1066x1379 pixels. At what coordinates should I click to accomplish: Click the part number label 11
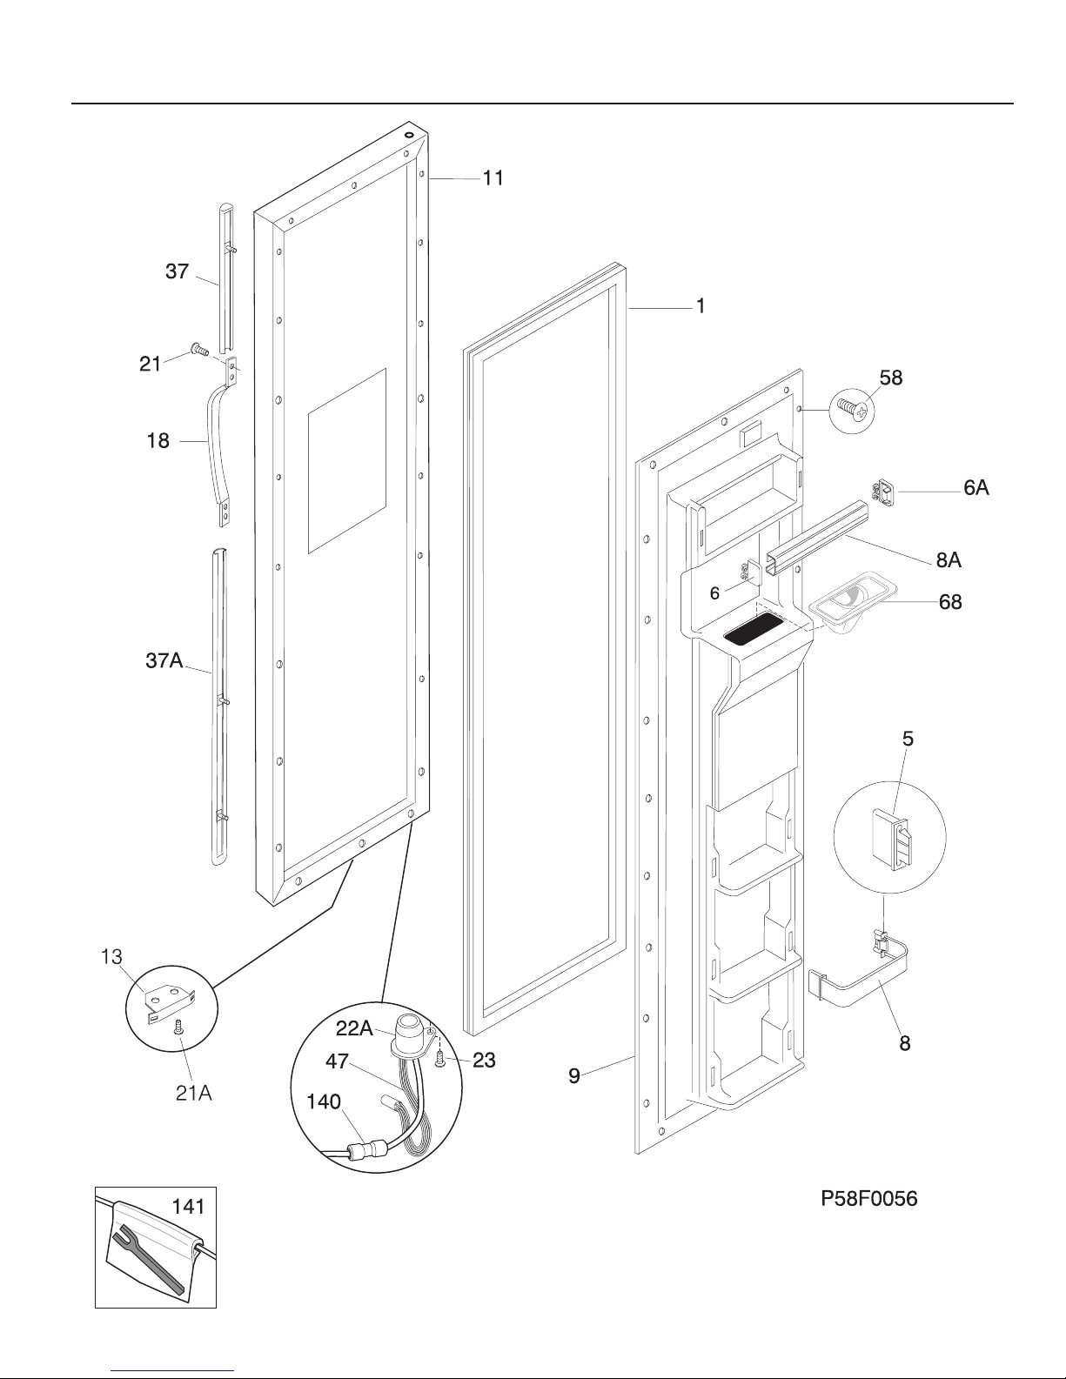[x=493, y=178]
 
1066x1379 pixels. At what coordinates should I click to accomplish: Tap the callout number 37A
[x=164, y=660]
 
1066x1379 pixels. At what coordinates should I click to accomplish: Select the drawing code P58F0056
[x=868, y=1199]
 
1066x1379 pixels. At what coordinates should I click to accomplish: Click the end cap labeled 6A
[x=882, y=492]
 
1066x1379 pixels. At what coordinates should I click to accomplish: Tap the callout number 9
[x=573, y=1075]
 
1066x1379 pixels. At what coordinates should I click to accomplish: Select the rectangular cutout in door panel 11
[x=347, y=461]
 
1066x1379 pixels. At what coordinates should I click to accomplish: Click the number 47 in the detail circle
[x=337, y=1061]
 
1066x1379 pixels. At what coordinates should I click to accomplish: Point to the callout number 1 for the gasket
[x=701, y=306]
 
